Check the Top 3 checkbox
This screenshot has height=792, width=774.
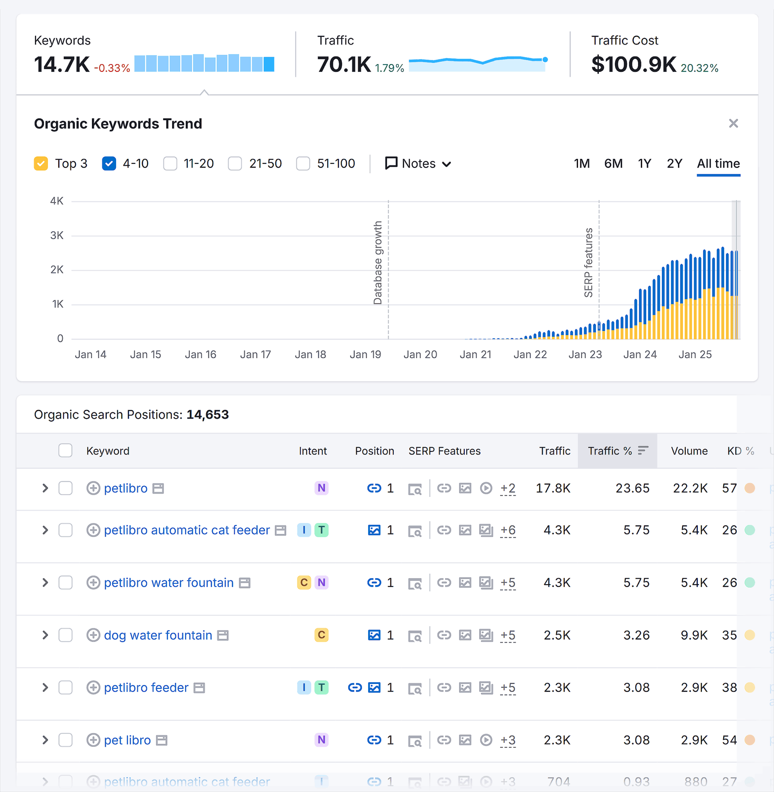pos(41,163)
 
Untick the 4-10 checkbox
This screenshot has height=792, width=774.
pos(109,163)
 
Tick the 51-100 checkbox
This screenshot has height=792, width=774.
pos(303,163)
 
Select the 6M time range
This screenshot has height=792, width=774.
pos(613,163)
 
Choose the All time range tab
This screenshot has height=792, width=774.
pos(718,163)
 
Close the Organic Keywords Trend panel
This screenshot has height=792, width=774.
pos(733,123)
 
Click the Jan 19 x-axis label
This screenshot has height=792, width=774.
pos(365,354)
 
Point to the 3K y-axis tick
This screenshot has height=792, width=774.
pos(57,236)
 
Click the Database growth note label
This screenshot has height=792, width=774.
pos(378,263)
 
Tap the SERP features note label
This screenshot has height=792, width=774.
pos(588,263)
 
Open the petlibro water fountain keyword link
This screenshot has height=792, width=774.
pos(169,583)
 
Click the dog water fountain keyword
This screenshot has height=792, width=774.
pos(158,635)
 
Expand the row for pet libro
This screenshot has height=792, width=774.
pos(45,740)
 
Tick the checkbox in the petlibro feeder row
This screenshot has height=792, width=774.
pos(65,688)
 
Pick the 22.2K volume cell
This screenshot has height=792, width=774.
pos(690,488)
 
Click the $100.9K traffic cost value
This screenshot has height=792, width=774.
pos(633,64)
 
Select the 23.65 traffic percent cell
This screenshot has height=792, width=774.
pos(632,488)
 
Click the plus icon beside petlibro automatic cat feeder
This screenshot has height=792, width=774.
pos(93,530)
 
